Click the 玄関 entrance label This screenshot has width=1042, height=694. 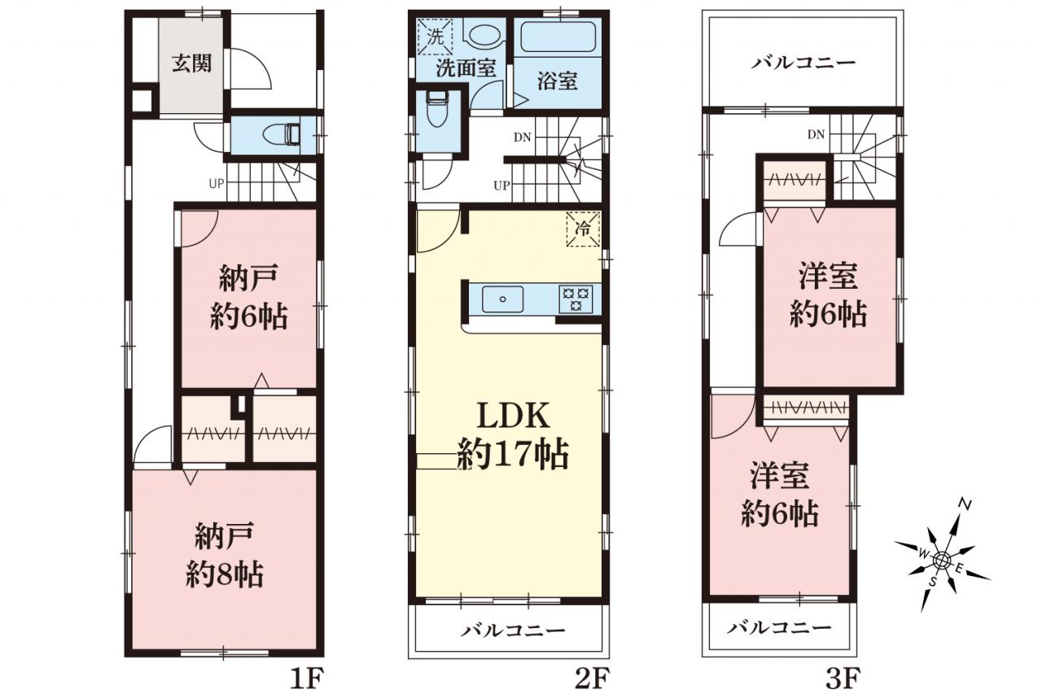[x=191, y=63]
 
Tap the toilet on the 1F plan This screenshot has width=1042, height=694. [x=282, y=135]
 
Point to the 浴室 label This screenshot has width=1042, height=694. [x=558, y=81]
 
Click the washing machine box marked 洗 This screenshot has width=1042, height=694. [x=436, y=37]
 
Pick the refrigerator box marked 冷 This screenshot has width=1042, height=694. [x=583, y=229]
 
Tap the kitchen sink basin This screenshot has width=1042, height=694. [x=502, y=299]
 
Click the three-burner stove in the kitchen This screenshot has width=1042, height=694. [x=576, y=299]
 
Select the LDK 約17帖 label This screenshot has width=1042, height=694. [x=513, y=435]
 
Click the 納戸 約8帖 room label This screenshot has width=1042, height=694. [x=225, y=555]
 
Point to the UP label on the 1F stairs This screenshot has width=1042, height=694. [x=217, y=184]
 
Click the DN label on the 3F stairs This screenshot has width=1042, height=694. [x=816, y=135]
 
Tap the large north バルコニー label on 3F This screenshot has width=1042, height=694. [x=803, y=63]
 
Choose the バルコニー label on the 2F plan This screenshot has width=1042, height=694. [x=513, y=631]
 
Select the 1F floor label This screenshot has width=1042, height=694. [x=307, y=679]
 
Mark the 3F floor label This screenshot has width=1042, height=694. [x=843, y=679]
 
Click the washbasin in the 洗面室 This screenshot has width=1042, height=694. [x=483, y=33]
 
